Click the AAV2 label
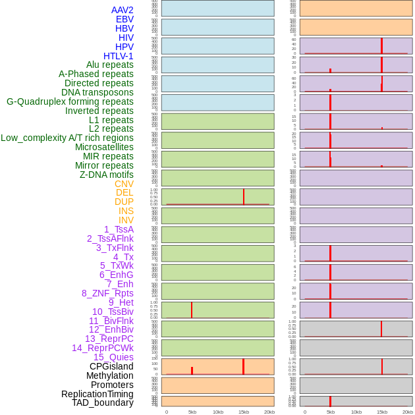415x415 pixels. (x=122, y=10)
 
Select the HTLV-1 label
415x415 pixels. (x=118, y=56)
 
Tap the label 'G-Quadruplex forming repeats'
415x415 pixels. (x=70, y=101)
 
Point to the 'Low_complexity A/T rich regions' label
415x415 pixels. (x=67, y=138)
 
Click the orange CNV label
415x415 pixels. (x=124, y=184)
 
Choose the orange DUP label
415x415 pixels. (x=124, y=202)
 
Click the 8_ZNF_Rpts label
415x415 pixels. (x=107, y=293)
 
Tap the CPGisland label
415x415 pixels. (x=111, y=366)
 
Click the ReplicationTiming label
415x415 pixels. (x=97, y=394)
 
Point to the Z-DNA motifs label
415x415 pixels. (x=106, y=175)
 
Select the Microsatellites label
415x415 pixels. (x=104, y=147)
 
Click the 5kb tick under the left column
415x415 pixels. (x=192, y=412)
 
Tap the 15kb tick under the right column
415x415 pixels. (x=381, y=412)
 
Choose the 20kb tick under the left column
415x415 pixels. (x=269, y=412)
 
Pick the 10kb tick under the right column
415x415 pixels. (x=356, y=412)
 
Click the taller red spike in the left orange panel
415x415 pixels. (x=243, y=366)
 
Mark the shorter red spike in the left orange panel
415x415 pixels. (x=192, y=371)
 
